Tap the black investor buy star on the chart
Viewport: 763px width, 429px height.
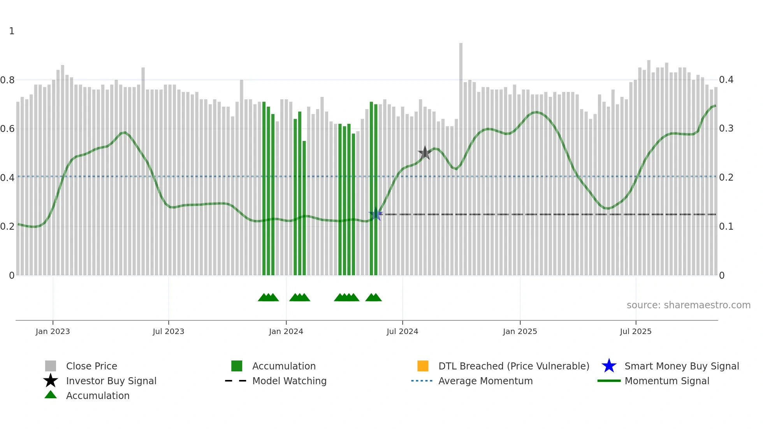click(425, 153)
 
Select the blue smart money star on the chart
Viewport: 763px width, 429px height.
click(376, 214)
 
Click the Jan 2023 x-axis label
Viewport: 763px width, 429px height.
click(53, 331)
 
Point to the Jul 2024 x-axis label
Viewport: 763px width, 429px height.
click(402, 331)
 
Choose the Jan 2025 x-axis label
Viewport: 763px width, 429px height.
click(520, 331)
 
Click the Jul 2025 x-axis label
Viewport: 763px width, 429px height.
click(635, 331)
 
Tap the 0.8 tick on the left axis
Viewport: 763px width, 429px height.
click(7, 80)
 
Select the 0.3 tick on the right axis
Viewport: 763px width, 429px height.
click(726, 128)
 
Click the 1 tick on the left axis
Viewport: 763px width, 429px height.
click(12, 31)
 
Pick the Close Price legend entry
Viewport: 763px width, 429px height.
click(91, 366)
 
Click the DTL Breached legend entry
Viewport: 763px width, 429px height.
click(513, 366)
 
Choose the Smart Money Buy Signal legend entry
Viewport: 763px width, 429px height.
click(681, 366)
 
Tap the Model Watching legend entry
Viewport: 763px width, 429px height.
click(289, 381)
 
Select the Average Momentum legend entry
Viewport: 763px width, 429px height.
click(485, 381)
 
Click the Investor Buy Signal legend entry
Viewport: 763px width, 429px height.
click(111, 381)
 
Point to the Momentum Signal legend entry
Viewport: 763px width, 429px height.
click(667, 381)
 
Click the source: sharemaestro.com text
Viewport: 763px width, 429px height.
click(688, 305)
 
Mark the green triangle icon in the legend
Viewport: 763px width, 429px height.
click(51, 395)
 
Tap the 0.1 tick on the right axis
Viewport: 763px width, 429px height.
click(726, 227)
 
